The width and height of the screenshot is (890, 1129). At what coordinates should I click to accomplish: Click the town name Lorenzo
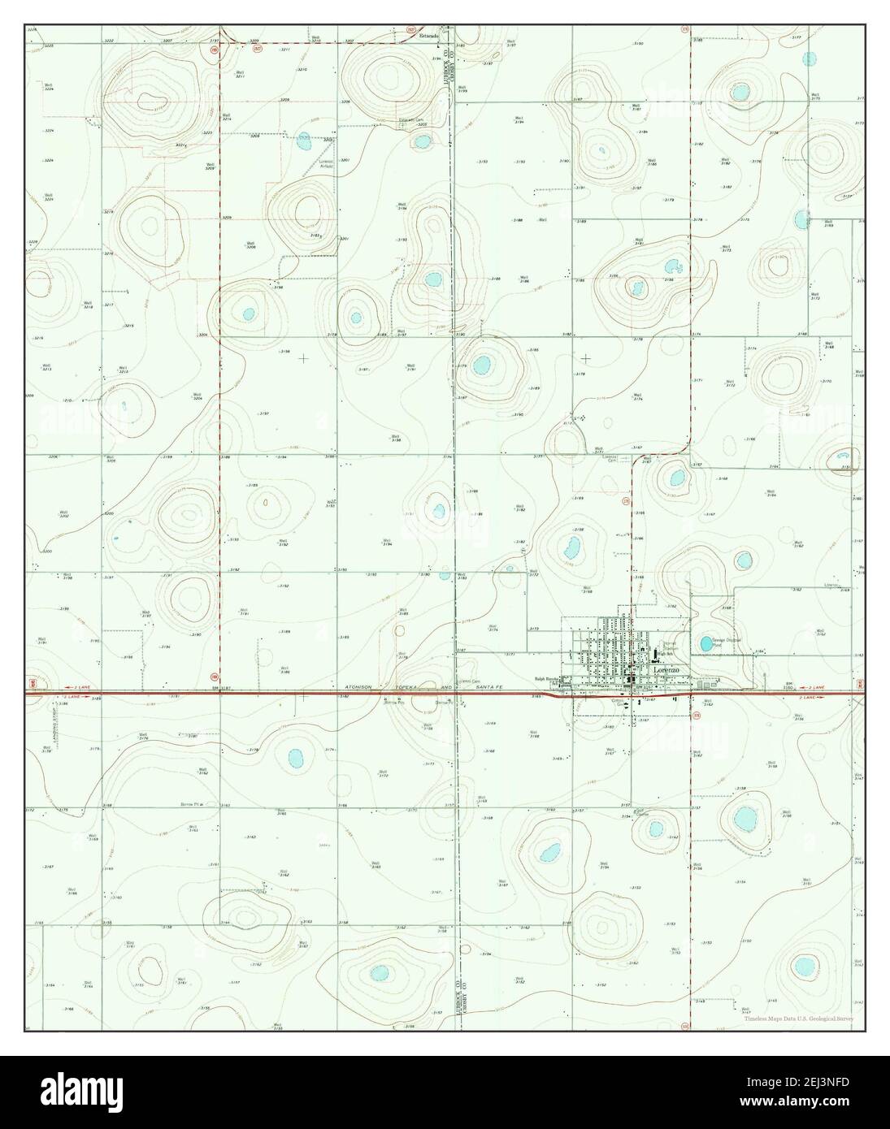coord(666,668)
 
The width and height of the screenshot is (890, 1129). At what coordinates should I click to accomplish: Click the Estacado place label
coord(429,37)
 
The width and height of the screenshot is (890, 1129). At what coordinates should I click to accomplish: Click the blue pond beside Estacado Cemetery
coord(422,141)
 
